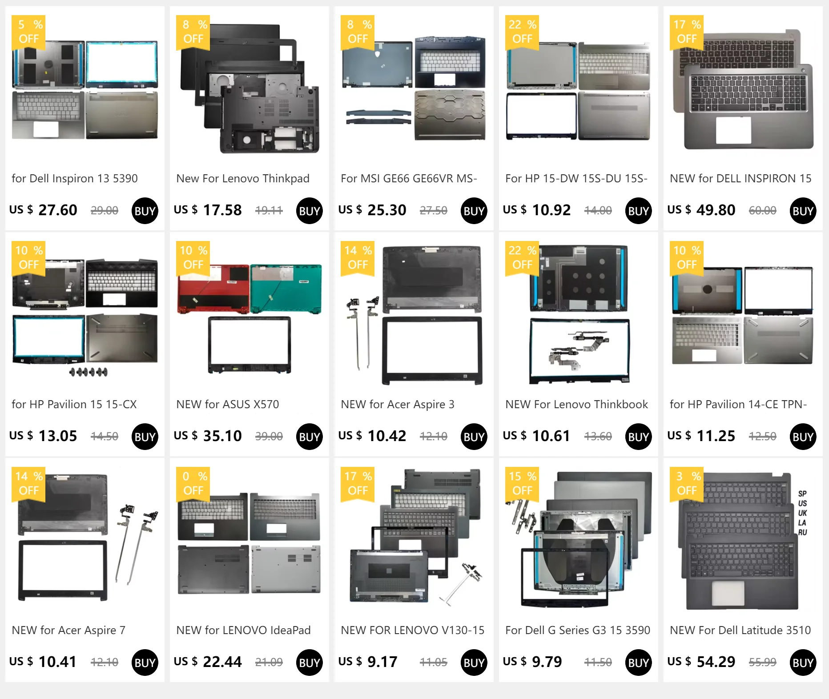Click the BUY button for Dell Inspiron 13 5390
pyautogui.click(x=145, y=211)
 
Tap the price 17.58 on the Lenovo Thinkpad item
pyautogui.click(x=222, y=210)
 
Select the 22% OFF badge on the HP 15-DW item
pyautogui.click(x=522, y=32)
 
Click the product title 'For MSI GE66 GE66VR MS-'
pyautogui.click(x=409, y=178)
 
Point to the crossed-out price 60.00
pyautogui.click(x=762, y=210)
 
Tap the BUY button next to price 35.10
pyautogui.click(x=310, y=437)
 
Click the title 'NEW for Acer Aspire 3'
pyautogui.click(x=398, y=404)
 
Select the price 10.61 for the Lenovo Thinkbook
pyautogui.click(x=551, y=436)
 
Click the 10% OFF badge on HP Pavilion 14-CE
pyautogui.click(x=687, y=257)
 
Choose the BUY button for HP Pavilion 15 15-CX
pyautogui.click(x=145, y=437)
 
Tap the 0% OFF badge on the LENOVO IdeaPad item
pyautogui.click(x=193, y=483)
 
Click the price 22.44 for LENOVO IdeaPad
pyautogui.click(x=222, y=662)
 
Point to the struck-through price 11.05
pyautogui.click(x=433, y=662)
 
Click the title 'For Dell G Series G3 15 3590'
pyautogui.click(x=578, y=630)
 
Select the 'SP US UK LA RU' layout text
pyautogui.click(x=802, y=513)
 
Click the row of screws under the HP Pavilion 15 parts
pyautogui.click(x=89, y=372)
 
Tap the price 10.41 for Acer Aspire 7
pyautogui.click(x=57, y=662)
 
